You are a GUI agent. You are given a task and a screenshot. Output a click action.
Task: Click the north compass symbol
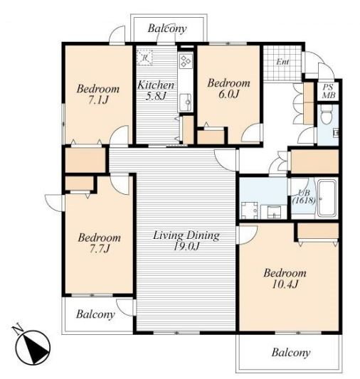pos(33,347)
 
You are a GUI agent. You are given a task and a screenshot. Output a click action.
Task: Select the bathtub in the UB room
pos(327,198)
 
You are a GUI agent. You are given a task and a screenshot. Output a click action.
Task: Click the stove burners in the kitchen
pos(186,60)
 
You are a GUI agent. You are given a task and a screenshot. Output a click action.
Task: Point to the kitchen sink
pos(186,102)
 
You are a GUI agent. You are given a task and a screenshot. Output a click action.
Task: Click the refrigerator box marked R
pos(144,58)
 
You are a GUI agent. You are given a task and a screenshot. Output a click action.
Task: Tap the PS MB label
pos(329,91)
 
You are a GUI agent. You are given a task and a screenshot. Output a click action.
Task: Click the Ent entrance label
pos(282,62)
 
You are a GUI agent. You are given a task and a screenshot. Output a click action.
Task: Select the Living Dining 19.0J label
pos(186,240)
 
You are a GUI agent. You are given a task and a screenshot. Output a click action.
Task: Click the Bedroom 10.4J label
pos(285,279)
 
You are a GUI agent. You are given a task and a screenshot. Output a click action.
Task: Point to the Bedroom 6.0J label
pos(228,88)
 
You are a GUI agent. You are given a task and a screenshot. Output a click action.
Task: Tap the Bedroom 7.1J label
pos(98,95)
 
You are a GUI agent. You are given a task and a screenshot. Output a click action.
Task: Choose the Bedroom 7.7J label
pos(100,243)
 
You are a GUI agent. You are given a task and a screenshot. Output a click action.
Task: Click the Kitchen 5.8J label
pos(156,90)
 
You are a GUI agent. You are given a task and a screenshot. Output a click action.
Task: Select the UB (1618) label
pos(304,197)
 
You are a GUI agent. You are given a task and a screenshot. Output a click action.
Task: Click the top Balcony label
pos(167,28)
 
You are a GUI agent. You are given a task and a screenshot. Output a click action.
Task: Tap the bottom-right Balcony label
pos(291,353)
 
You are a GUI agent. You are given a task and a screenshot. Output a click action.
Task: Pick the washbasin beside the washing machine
pos(274,212)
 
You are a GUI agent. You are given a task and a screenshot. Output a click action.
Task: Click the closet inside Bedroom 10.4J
pos(318,231)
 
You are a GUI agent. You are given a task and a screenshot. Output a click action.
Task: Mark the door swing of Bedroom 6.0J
pos(250,134)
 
